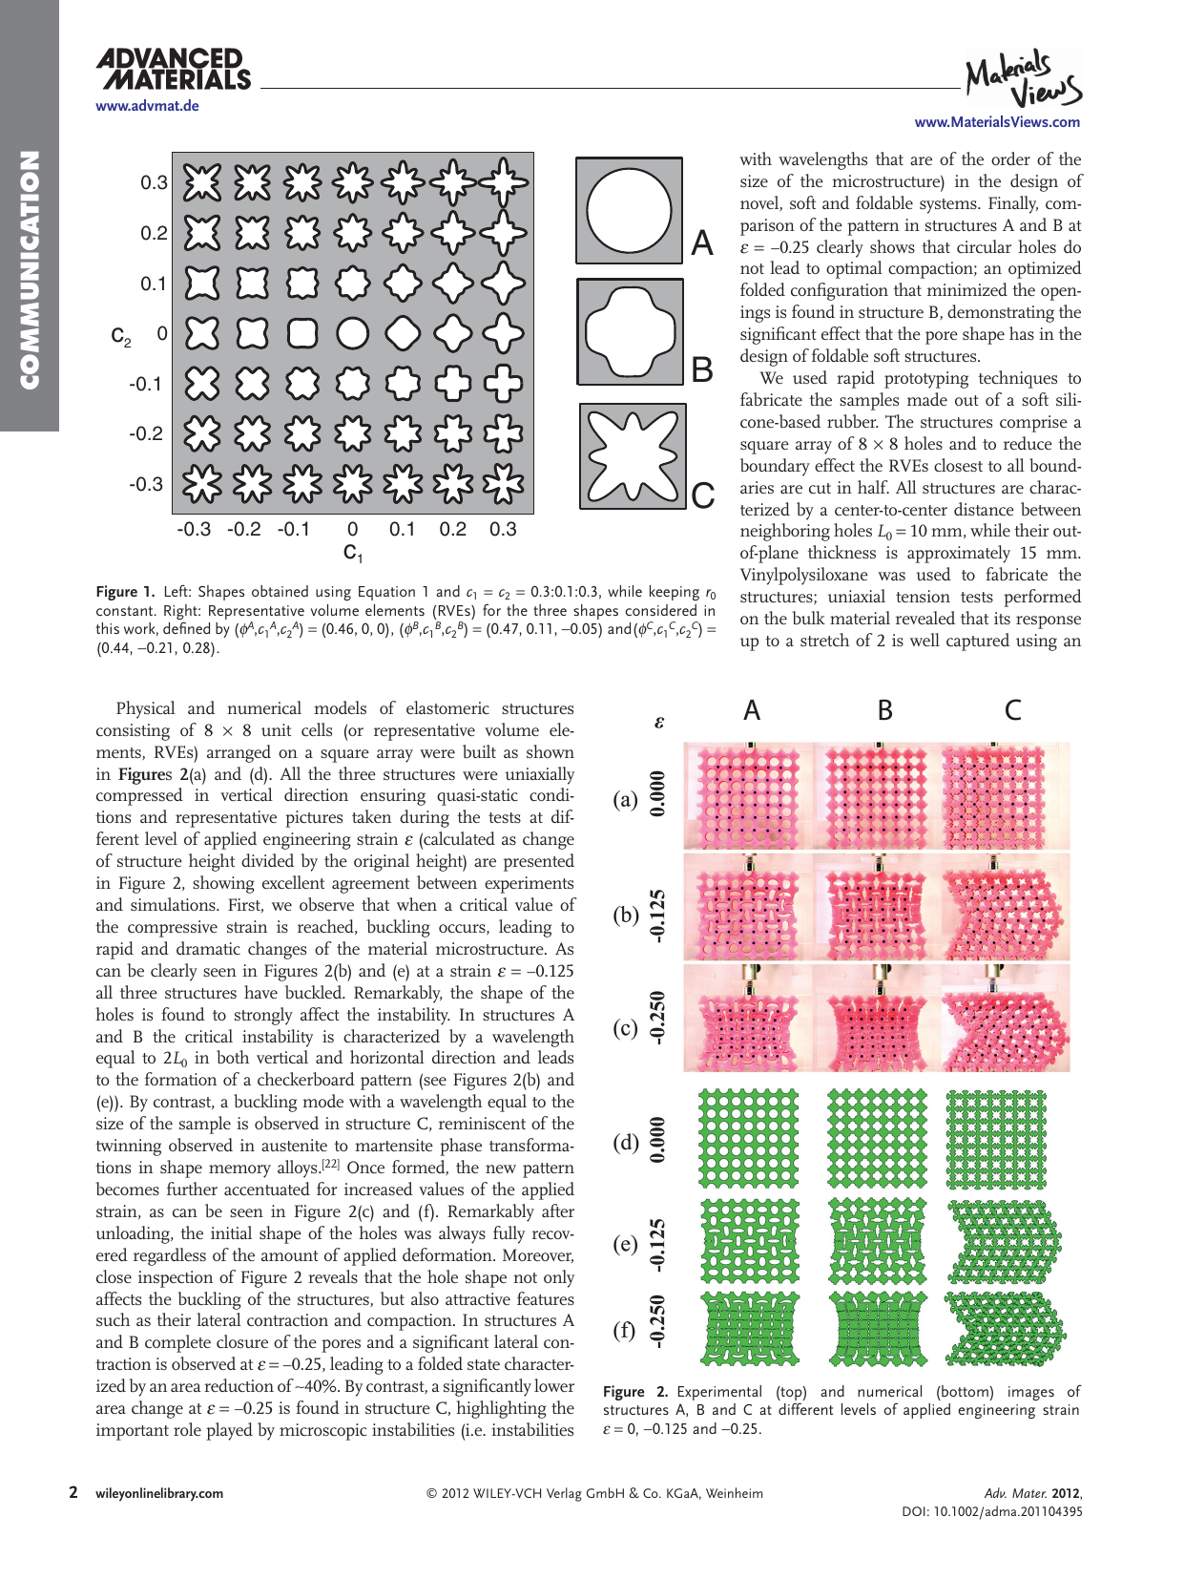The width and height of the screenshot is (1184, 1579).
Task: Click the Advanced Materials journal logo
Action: coord(173,71)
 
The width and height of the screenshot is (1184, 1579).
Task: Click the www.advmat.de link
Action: coord(147,106)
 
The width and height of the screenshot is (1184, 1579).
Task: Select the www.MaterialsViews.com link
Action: coord(997,122)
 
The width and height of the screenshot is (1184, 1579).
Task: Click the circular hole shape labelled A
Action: coord(629,211)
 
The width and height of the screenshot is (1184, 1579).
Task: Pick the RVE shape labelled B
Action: coord(630,331)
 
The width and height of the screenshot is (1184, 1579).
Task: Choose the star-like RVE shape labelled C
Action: coord(632,455)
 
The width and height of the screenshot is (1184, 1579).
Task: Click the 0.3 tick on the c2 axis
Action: coord(154,182)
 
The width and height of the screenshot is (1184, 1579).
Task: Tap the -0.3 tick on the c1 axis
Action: coord(194,530)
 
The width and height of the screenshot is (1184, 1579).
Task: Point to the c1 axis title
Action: coord(353,553)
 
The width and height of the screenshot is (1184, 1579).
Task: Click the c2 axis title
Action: coord(121,335)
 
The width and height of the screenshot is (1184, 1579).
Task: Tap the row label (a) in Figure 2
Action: coord(625,800)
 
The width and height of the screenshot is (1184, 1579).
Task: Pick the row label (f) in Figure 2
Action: coord(624,1330)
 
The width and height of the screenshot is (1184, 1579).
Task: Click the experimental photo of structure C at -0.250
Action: coord(1005,1018)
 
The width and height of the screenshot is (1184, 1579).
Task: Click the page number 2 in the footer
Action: coord(73,1492)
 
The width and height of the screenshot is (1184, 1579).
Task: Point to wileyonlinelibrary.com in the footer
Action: coord(159,1494)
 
